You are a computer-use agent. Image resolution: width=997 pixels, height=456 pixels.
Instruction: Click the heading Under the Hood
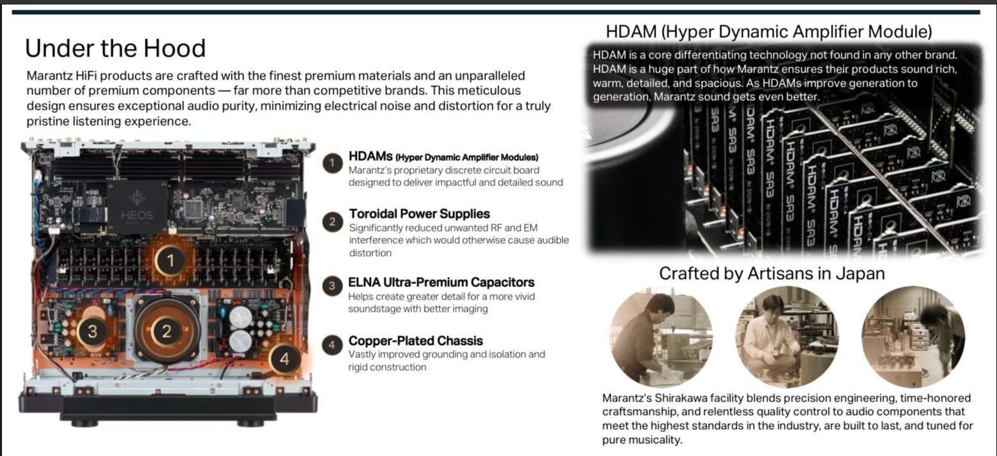click(115, 48)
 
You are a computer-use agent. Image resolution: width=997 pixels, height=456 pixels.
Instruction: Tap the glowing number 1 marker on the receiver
click(170, 260)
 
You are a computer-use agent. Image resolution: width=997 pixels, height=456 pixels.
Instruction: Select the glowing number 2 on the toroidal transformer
click(167, 332)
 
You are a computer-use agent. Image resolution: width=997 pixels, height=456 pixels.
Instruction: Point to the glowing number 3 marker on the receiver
click(92, 332)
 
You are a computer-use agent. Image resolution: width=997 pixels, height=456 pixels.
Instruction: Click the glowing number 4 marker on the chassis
click(284, 359)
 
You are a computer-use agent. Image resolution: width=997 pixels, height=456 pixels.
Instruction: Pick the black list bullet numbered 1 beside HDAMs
click(332, 164)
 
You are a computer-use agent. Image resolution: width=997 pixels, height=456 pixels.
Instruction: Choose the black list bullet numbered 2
click(332, 222)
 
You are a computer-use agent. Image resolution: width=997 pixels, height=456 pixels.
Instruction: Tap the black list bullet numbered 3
click(332, 286)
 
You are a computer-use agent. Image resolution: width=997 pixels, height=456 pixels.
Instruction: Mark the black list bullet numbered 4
click(332, 345)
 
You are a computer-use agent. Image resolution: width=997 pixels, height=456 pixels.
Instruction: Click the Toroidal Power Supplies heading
click(419, 214)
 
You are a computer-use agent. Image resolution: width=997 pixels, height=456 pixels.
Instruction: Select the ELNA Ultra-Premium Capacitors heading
click(441, 282)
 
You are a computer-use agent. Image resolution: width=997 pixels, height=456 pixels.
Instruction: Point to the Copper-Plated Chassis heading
click(416, 341)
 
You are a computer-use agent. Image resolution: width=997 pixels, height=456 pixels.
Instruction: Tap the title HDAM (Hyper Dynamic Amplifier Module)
click(769, 31)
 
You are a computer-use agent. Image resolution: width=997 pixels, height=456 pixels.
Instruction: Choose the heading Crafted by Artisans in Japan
click(772, 273)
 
